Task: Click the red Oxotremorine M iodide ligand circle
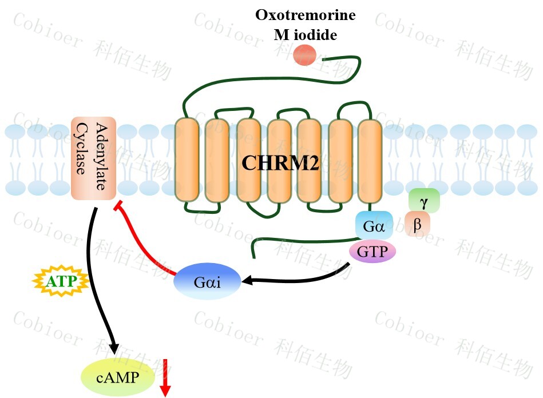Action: point(304,55)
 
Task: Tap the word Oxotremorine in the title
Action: point(305,15)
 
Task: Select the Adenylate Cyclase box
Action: point(93,158)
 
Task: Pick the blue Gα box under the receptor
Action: point(374,225)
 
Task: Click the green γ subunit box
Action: point(424,201)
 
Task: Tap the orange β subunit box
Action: point(417,224)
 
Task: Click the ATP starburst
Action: point(60,281)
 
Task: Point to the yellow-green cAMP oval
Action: point(118,377)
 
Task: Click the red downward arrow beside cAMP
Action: point(165,377)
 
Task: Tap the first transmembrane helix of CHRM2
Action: point(186,160)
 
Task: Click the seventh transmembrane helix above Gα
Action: point(370,160)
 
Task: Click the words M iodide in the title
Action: point(305,35)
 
